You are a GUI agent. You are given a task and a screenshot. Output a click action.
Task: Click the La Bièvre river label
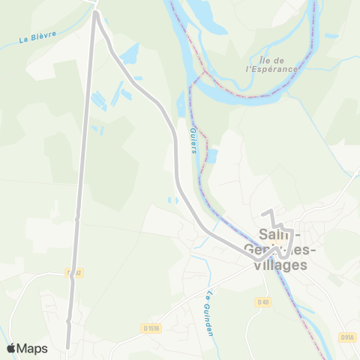[37, 35]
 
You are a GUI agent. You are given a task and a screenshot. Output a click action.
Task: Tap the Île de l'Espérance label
[272, 64]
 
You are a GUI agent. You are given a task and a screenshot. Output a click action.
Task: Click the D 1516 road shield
[151, 328]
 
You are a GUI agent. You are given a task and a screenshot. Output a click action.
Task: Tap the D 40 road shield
[262, 302]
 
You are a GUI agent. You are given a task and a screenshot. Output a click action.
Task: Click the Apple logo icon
[11, 348]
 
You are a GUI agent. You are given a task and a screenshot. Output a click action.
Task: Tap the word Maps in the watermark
[32, 348]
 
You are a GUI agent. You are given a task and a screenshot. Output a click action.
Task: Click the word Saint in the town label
[274, 234]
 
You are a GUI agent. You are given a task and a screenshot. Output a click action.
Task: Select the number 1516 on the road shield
[154, 328]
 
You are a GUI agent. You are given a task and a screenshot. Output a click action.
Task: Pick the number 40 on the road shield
[265, 302]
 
